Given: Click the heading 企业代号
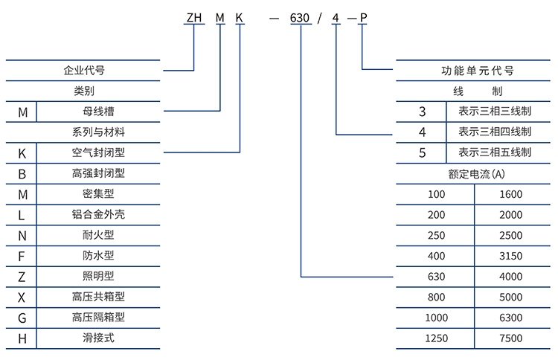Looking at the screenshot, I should click(x=83, y=71).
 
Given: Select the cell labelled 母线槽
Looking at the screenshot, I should click(x=98, y=112).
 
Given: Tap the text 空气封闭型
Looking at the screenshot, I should click(x=98, y=153).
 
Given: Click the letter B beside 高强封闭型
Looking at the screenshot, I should click(x=22, y=173).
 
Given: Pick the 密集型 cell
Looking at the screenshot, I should click(x=98, y=194).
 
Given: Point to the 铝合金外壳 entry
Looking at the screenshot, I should click(x=98, y=215).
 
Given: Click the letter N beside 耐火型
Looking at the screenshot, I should click(x=22, y=236).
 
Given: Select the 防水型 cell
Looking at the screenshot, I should click(x=98, y=256).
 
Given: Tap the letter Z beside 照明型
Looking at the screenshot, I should click(x=22, y=277).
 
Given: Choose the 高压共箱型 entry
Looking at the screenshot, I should click(x=98, y=297).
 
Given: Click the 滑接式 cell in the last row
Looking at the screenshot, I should click(x=98, y=338).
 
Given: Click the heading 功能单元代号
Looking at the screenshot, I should click(x=477, y=71).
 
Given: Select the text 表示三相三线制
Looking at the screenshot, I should click(x=495, y=112).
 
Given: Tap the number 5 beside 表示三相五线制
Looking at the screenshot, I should click(x=423, y=153).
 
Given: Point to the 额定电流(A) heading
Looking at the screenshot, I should click(x=477, y=174).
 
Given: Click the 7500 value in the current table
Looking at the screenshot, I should click(x=511, y=338).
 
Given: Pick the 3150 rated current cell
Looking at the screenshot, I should click(x=511, y=256).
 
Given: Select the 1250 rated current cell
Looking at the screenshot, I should click(x=436, y=338).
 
